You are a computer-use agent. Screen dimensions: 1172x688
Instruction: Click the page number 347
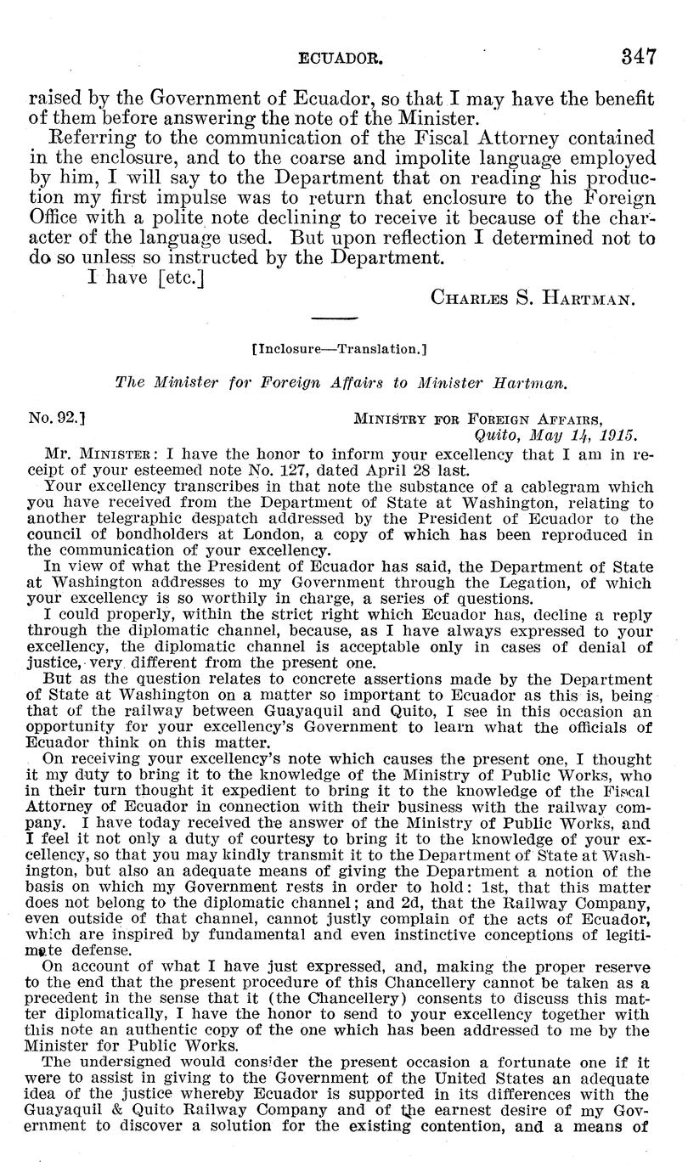638,57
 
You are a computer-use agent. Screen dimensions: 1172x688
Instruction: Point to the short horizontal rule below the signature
336,319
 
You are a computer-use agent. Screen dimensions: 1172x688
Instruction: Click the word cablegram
555,488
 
